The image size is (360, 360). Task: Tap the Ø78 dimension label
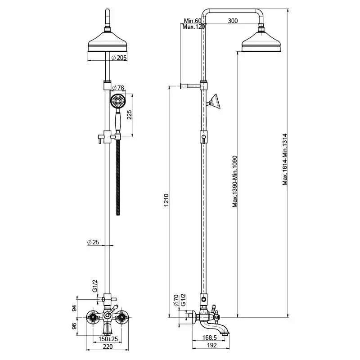pyautogui.click(x=117, y=87)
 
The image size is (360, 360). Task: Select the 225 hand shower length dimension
pyautogui.click(x=129, y=115)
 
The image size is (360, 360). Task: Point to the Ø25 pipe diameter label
pyautogui.click(x=93, y=243)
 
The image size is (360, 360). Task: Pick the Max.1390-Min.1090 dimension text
pyautogui.click(x=234, y=181)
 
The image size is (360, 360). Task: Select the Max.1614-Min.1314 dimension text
pyautogui.click(x=284, y=159)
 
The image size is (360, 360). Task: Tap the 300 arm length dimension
pyautogui.click(x=233, y=21)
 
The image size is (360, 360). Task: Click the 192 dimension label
pyautogui.click(x=212, y=346)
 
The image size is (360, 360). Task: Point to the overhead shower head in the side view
pyautogui.click(x=261, y=44)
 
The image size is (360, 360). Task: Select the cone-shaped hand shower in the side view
pyautogui.click(x=215, y=101)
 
